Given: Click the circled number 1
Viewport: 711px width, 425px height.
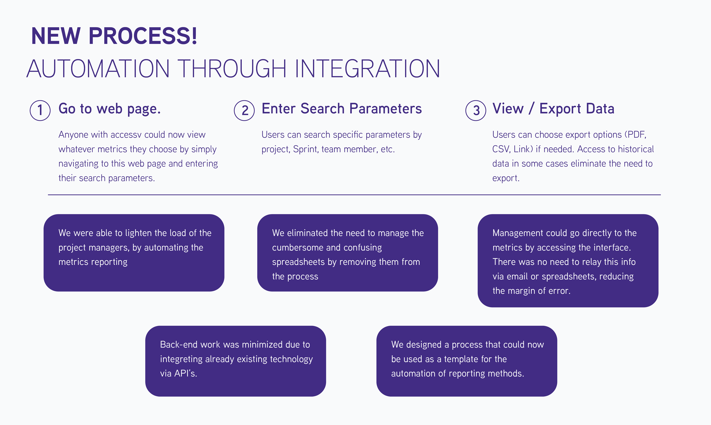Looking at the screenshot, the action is [x=40, y=111].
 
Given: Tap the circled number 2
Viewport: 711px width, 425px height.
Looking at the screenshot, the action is [x=244, y=111].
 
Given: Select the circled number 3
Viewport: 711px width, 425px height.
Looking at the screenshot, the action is [x=476, y=111].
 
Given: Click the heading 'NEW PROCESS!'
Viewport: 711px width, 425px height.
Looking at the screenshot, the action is [x=114, y=36].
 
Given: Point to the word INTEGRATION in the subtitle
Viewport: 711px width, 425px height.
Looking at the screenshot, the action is [x=367, y=69].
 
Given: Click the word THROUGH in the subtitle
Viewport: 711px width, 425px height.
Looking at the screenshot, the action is [x=233, y=69].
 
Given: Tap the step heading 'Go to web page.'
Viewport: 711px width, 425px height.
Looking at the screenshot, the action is [x=109, y=109].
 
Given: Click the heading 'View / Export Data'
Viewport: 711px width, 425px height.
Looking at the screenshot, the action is [x=553, y=109].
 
